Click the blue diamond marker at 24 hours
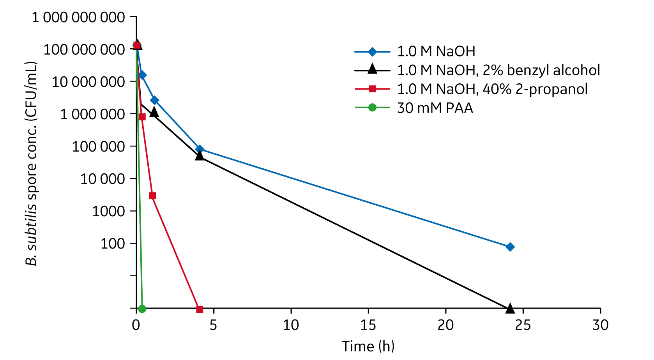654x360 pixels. (x=510, y=247)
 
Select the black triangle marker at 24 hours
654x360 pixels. (x=510, y=309)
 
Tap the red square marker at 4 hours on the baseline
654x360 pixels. (x=200, y=309)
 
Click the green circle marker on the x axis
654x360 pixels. (x=142, y=309)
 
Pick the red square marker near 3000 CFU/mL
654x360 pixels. (x=152, y=196)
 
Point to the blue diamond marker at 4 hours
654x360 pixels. (x=200, y=149)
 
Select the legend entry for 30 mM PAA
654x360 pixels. (x=435, y=108)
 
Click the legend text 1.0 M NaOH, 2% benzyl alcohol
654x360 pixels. (x=498, y=70)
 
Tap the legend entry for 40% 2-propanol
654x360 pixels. (x=492, y=89)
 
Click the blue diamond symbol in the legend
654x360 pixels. (x=372, y=51)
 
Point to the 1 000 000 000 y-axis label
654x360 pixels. (x=78, y=18)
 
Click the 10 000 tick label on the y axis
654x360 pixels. (x=103, y=179)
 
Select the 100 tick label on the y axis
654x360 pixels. (x=113, y=244)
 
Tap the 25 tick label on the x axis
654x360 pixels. (x=523, y=325)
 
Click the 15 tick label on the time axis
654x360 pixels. (x=368, y=325)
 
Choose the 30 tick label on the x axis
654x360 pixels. (x=600, y=325)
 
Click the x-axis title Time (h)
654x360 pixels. (x=368, y=346)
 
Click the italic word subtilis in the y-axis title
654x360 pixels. (x=31, y=226)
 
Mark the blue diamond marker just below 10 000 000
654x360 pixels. (x=142, y=75)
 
